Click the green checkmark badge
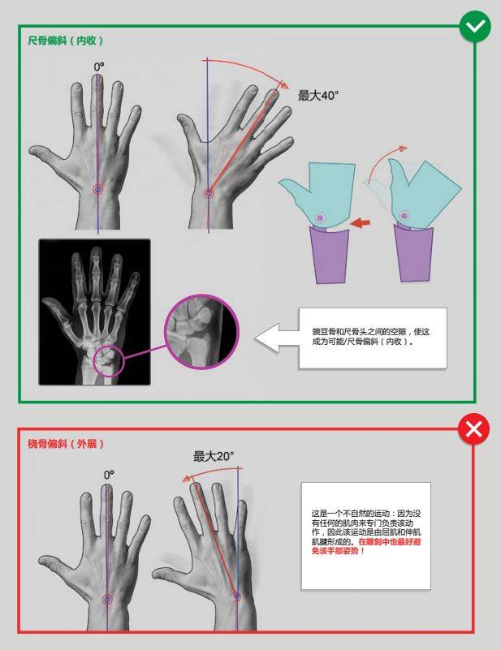[475, 26]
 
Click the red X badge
[473, 429]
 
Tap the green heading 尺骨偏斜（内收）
[66, 41]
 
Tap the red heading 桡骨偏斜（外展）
[66, 444]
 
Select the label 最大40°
[318, 95]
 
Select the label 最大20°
[214, 456]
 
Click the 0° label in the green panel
[99, 67]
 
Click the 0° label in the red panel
[109, 475]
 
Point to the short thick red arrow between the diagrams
[360, 223]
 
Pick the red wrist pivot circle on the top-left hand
[98, 189]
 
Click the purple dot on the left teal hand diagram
[319, 217]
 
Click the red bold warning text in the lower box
[367, 546]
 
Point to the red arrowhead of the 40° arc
[284, 84]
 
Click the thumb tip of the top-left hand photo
[33, 149]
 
